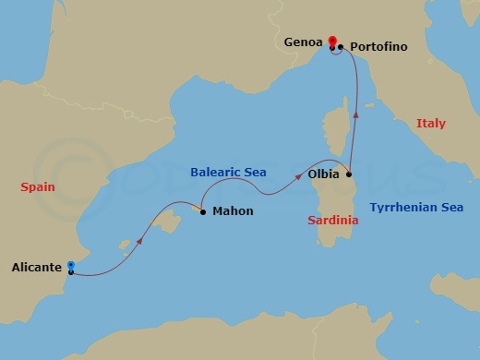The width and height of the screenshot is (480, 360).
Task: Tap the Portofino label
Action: point(378,46)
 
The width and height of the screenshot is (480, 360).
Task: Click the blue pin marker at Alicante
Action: point(71,268)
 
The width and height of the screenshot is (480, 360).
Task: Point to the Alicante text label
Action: point(37,268)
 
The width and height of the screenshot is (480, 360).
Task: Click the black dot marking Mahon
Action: point(204,210)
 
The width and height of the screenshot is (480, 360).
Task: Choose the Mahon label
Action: point(233,211)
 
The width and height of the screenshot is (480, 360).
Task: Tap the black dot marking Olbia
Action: point(348,174)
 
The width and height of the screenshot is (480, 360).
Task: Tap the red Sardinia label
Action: point(334,221)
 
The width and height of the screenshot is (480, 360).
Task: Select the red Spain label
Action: point(38,186)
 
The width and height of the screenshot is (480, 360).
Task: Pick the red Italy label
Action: point(430,123)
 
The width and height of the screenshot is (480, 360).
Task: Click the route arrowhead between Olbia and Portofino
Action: point(356,114)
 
